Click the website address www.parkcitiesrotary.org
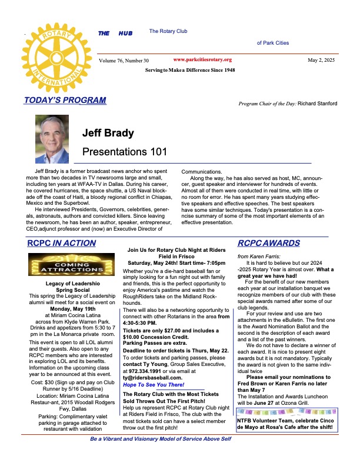(203, 60)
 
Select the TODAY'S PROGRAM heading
(65, 100)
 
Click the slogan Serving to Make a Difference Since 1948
(189, 70)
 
